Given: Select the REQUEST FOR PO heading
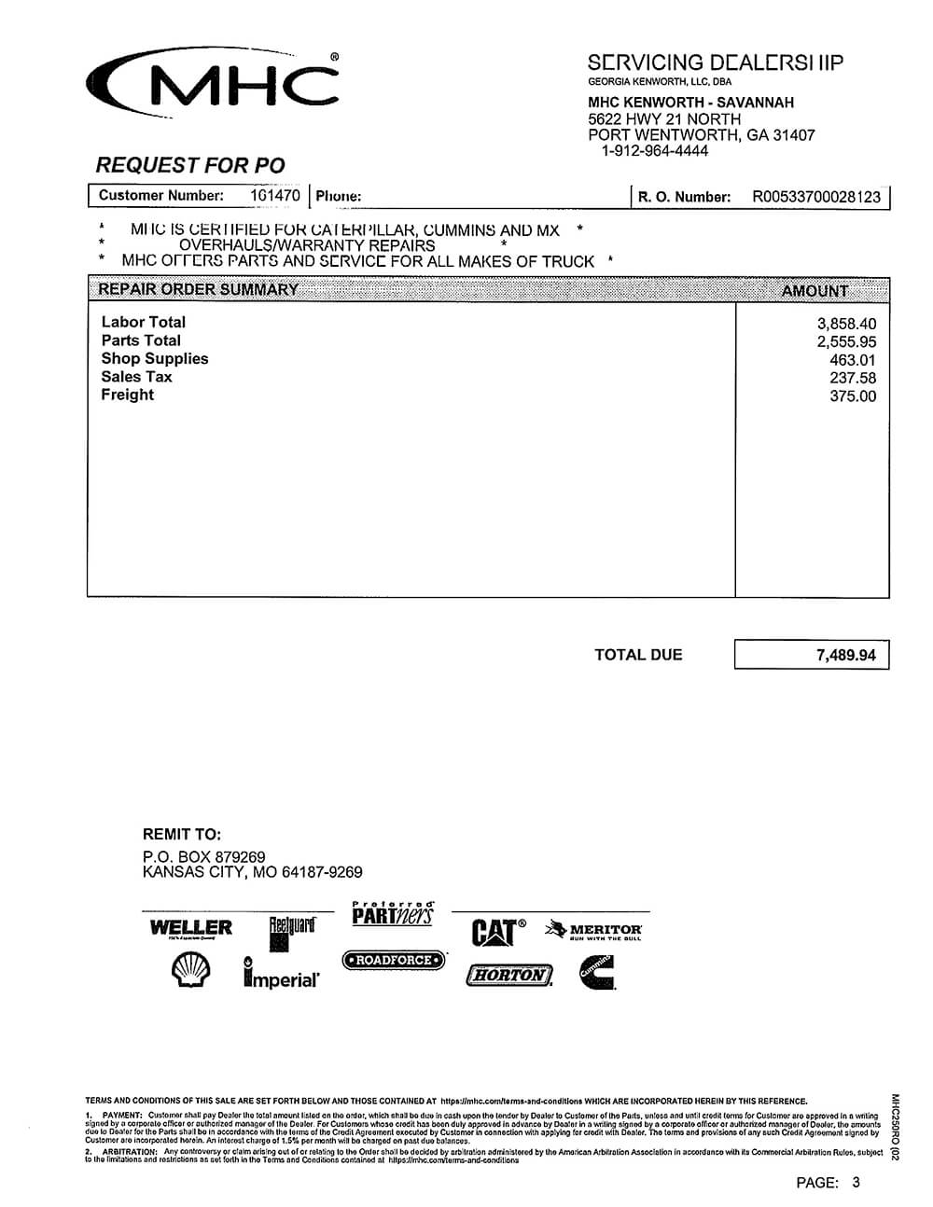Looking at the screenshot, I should (190, 165).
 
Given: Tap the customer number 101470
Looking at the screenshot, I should (275, 196).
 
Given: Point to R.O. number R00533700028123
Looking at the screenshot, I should (816, 197).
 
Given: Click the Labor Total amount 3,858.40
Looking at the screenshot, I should (846, 324).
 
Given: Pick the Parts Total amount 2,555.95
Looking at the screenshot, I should (846, 341).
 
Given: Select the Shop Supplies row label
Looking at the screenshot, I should (155, 358).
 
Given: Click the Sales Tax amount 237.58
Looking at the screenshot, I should (853, 378).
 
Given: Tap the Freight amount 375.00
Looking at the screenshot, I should (853, 395).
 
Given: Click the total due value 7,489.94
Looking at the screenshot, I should (845, 655).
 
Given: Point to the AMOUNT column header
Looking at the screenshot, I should (815, 290).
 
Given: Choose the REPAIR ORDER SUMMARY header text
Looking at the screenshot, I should (198, 289).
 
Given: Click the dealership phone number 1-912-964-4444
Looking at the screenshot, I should (654, 150).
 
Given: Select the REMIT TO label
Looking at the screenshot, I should (182, 835).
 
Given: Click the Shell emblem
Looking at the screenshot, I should (191, 972).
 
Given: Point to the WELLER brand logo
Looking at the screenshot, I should (191, 928).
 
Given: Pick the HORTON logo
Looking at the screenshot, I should (509, 976).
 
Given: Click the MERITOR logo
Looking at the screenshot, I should (594, 930).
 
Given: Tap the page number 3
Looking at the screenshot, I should (856, 1183).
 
